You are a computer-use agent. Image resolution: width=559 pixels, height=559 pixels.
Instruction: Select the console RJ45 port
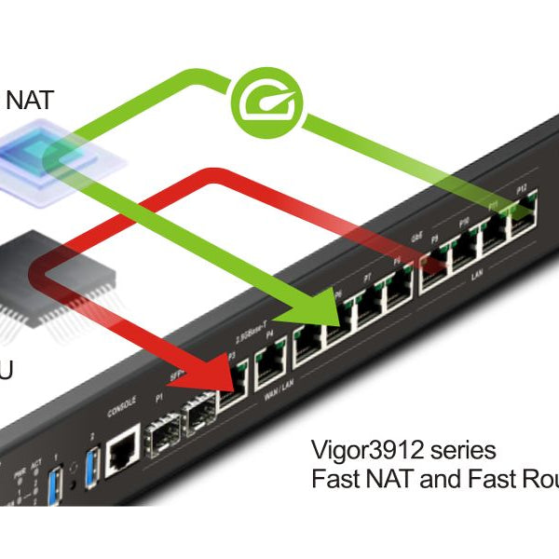[x=122, y=452]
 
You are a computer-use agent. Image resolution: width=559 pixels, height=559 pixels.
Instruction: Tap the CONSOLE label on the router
[x=122, y=410]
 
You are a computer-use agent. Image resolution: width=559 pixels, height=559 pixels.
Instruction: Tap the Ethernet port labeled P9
[x=436, y=266]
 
